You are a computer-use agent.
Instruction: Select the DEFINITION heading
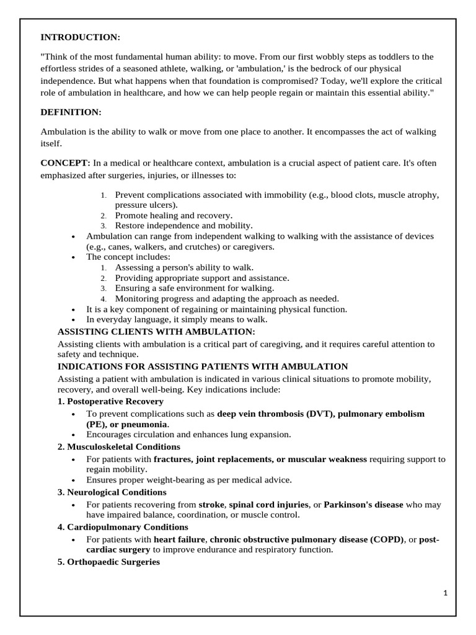coord(71,112)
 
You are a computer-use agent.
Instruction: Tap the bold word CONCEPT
coord(64,162)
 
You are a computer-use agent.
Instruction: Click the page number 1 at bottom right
coord(445,593)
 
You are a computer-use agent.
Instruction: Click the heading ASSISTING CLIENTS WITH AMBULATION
coord(156,332)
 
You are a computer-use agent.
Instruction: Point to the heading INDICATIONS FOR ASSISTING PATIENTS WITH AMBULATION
coord(203,366)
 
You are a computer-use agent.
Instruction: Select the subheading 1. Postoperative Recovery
coord(111,401)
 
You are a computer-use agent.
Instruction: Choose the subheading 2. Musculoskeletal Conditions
coord(119,446)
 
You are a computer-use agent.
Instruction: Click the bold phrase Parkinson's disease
coord(363,505)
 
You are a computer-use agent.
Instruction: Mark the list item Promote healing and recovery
coord(174,215)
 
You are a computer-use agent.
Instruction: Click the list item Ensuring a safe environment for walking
coord(194,288)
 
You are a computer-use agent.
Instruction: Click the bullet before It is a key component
coord(74,309)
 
